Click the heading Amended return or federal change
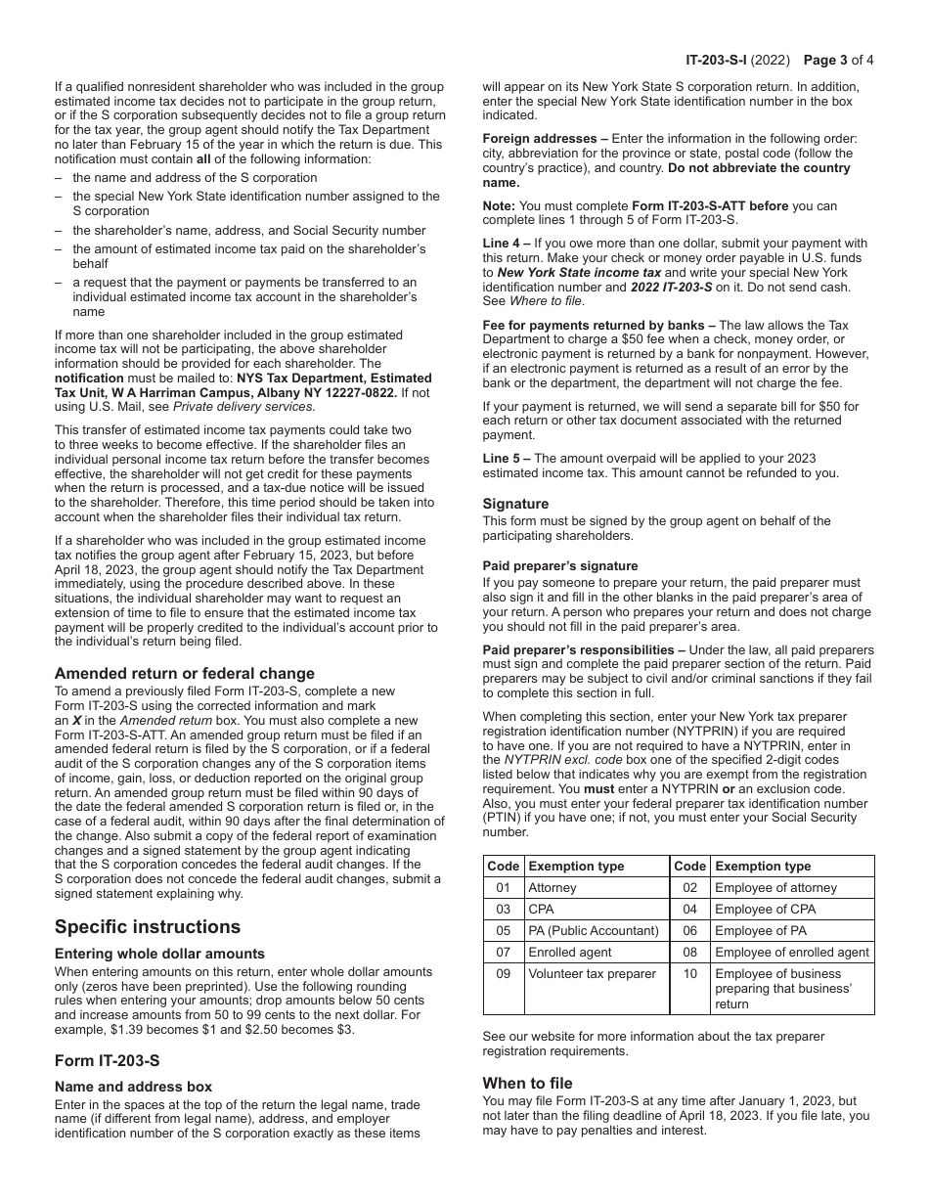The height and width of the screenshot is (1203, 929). [185, 673]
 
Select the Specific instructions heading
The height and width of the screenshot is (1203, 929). [148, 926]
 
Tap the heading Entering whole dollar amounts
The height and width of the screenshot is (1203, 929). [159, 954]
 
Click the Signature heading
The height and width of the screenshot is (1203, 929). [515, 504]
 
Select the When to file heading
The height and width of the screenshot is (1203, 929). [527, 1083]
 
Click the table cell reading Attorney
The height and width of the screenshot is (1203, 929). [553, 888]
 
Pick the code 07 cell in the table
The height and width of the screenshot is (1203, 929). [504, 953]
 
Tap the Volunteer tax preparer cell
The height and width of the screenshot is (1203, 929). [592, 974]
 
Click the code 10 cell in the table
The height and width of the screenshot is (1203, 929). [690, 974]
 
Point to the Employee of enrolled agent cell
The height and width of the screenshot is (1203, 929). [791, 953]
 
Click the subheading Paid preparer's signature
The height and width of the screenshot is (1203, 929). [559, 566]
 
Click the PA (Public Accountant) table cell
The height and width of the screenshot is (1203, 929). [593, 931]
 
